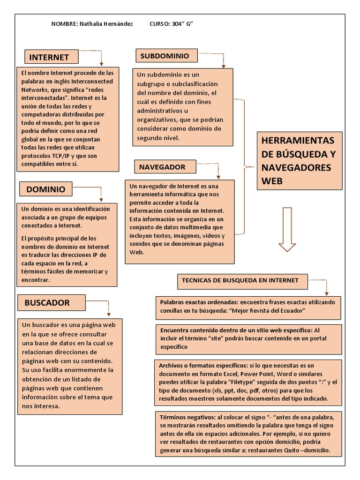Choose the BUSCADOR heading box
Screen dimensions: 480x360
[51, 303]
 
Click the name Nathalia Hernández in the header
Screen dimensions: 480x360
[106, 24]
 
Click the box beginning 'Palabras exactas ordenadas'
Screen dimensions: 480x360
[248, 307]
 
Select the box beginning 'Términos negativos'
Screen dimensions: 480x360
[248, 433]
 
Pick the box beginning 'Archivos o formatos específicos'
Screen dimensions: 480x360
[248, 382]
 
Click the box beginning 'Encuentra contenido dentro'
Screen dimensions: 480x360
[248, 338]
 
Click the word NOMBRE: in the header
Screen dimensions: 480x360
[62, 24]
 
